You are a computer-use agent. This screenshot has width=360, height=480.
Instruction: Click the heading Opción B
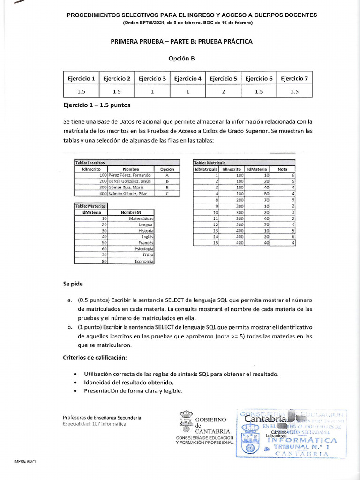tap(181, 59)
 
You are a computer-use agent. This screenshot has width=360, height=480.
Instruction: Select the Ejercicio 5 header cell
tap(223, 79)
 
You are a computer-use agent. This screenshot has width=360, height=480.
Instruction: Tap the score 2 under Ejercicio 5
tap(223, 92)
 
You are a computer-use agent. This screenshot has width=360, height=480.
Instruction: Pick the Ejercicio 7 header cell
tap(294, 79)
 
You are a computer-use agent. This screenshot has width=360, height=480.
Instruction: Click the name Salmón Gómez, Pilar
tap(124, 193)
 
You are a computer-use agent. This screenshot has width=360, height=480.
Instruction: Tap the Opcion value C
tap(167, 193)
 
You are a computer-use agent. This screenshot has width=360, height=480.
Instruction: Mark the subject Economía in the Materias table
tap(144, 261)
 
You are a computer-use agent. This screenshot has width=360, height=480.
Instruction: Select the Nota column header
tap(283, 169)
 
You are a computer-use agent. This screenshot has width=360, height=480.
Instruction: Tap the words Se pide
tap(73, 284)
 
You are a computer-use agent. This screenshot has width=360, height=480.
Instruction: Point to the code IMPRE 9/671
tap(25, 461)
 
